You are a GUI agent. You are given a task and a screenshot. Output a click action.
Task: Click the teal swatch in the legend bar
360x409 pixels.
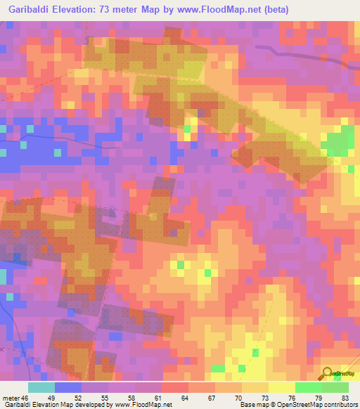[41, 388]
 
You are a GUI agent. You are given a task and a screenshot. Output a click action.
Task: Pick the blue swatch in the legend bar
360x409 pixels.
[67, 388]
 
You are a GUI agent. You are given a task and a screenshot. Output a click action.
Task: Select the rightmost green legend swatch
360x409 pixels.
[335, 388]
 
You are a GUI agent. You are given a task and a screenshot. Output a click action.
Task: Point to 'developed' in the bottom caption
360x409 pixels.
[95, 405]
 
